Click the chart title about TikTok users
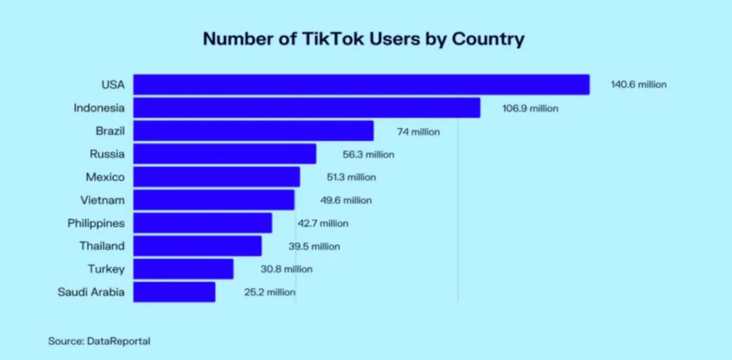(363, 39)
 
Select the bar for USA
(361, 85)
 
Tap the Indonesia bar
(306, 108)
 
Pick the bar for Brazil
(253, 131)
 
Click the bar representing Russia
(224, 154)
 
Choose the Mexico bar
(216, 177)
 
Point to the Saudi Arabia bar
(174, 292)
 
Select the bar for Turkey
(183, 269)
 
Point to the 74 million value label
(418, 132)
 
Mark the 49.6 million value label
(346, 200)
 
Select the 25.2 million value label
(270, 292)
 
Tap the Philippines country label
(96, 223)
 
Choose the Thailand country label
(102, 246)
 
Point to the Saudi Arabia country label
(91, 292)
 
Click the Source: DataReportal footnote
(99, 341)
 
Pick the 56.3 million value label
(368, 155)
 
